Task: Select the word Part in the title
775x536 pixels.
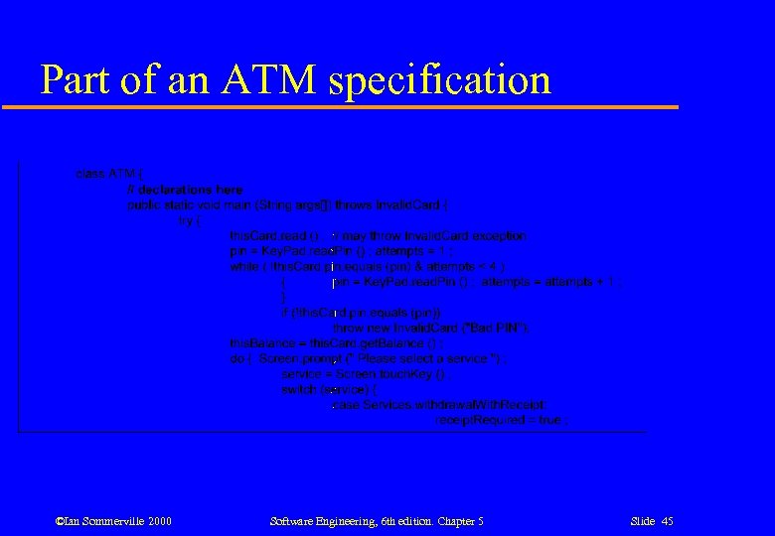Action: click(77, 79)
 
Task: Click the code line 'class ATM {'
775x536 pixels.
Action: click(109, 174)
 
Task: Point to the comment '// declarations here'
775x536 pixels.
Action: click(185, 190)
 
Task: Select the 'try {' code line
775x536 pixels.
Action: click(189, 220)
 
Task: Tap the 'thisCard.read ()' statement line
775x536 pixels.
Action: click(379, 236)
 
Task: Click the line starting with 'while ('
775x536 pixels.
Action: click(368, 267)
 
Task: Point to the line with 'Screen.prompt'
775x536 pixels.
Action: click(368, 359)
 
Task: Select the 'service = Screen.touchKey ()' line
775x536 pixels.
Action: click(367, 374)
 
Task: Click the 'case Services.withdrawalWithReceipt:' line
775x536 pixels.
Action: click(439, 405)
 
